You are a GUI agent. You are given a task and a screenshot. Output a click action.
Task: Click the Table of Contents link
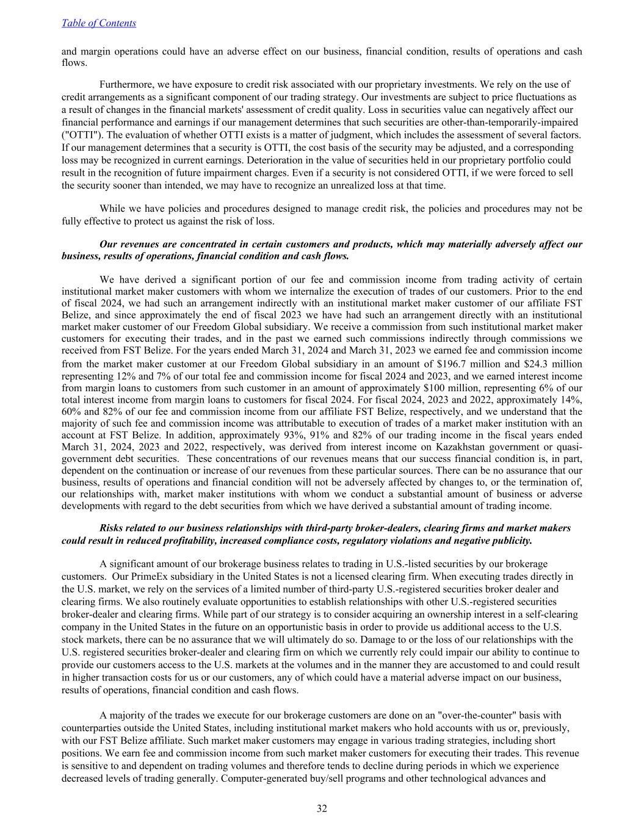coord(99,23)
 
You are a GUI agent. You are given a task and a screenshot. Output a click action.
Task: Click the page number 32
coord(322,809)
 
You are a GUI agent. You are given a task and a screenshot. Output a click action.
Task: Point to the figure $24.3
coord(538,364)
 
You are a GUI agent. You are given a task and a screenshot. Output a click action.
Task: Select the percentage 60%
coord(71,412)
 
